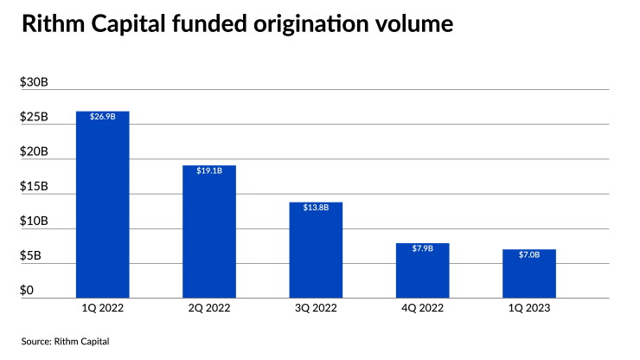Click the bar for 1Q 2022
[x=102, y=204]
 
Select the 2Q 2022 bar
[x=209, y=232]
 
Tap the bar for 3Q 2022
[x=316, y=250]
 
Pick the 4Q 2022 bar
[x=422, y=271]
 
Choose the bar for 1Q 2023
[x=529, y=273]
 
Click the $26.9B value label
[x=102, y=117]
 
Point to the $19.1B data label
[x=209, y=170]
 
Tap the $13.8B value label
[x=316, y=207]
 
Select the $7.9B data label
[x=422, y=248]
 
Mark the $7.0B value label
[x=529, y=254]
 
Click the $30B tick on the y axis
[x=34, y=82]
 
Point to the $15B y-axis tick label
[x=34, y=186]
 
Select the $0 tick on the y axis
[x=27, y=290]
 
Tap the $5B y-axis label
[x=30, y=255]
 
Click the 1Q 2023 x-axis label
[x=529, y=308]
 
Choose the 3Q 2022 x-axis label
[x=316, y=308]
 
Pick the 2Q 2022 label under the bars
[x=209, y=308]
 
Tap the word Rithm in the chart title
[x=53, y=23]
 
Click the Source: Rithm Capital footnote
[x=66, y=341]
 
